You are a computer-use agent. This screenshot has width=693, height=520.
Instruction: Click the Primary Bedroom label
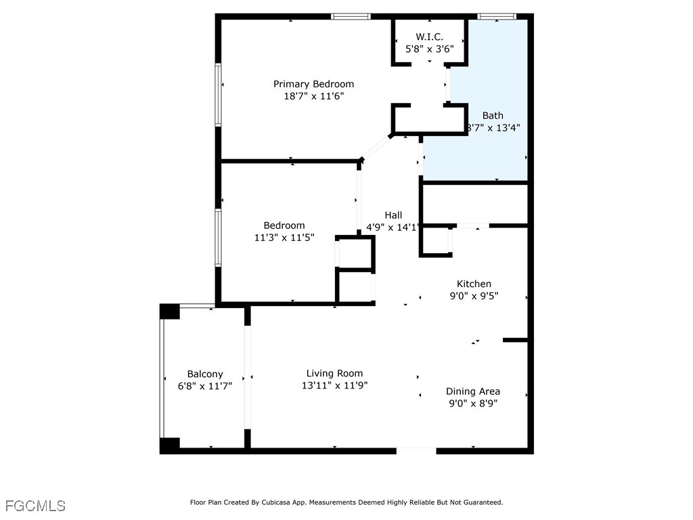pyautogui.click(x=313, y=84)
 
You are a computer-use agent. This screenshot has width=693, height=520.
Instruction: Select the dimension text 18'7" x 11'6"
pyautogui.click(x=313, y=96)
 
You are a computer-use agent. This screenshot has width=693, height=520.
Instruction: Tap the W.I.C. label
pyautogui.click(x=429, y=37)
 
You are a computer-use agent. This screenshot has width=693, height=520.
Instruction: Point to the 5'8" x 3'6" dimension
pyautogui.click(x=429, y=49)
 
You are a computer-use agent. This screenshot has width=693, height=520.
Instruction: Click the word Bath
pyautogui.click(x=493, y=116)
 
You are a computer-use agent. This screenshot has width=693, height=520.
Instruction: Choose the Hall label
pyautogui.click(x=393, y=215)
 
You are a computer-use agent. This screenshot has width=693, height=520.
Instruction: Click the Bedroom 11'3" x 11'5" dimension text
pyautogui.click(x=284, y=238)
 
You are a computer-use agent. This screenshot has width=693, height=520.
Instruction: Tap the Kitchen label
pyautogui.click(x=474, y=284)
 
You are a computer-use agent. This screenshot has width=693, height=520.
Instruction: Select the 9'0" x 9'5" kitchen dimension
pyautogui.click(x=474, y=295)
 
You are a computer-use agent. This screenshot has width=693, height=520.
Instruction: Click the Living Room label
pyautogui.click(x=334, y=373)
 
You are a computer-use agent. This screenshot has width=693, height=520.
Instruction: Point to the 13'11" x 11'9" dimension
pyautogui.click(x=334, y=385)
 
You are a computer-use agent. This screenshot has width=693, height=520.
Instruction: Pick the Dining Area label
pyautogui.click(x=473, y=391)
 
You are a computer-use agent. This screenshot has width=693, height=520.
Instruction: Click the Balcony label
pyautogui.click(x=205, y=374)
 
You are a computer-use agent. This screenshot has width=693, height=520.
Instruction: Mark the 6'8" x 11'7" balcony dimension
pyautogui.click(x=205, y=386)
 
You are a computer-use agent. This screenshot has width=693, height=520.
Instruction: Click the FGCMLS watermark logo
pyautogui.click(x=35, y=506)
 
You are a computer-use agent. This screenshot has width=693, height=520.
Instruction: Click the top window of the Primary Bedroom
pyautogui.click(x=351, y=16)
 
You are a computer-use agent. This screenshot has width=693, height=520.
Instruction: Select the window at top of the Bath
pyautogui.click(x=497, y=16)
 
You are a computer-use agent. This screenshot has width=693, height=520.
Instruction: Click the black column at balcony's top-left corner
pyautogui.click(x=169, y=311)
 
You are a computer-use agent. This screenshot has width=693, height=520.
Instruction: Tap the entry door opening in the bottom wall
pyautogui.click(x=416, y=450)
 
